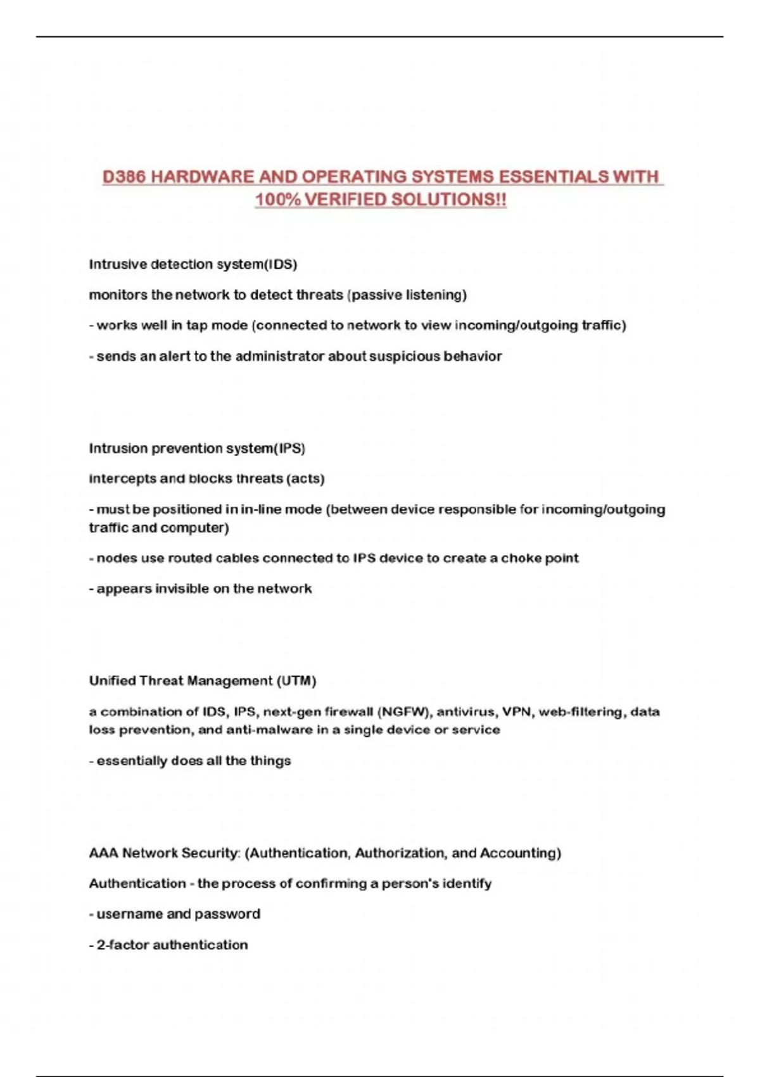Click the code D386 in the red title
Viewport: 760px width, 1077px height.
click(124, 177)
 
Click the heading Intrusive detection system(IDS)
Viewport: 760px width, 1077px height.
click(193, 264)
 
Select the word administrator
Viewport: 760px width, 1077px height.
click(279, 356)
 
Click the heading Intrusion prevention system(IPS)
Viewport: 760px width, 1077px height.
click(197, 449)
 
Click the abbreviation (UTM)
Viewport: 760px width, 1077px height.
click(296, 681)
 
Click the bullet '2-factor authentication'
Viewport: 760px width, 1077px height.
click(172, 945)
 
